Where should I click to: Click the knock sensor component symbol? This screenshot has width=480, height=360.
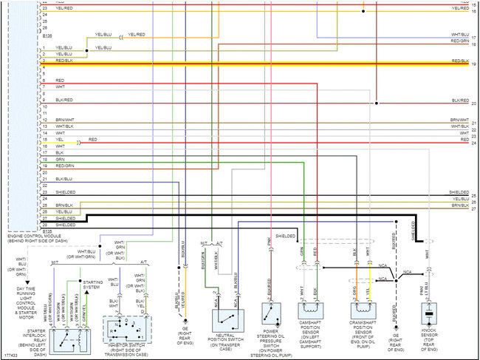pos(427,312)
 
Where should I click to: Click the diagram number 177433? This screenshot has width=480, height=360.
pos(10,356)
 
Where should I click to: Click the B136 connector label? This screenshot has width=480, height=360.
pos(48,35)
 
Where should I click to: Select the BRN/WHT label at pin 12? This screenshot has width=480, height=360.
pos(65,119)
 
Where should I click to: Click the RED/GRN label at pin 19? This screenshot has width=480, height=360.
pos(64,178)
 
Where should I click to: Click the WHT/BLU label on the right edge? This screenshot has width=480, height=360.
pos(459,35)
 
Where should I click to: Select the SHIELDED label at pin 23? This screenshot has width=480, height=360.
pos(65,192)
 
